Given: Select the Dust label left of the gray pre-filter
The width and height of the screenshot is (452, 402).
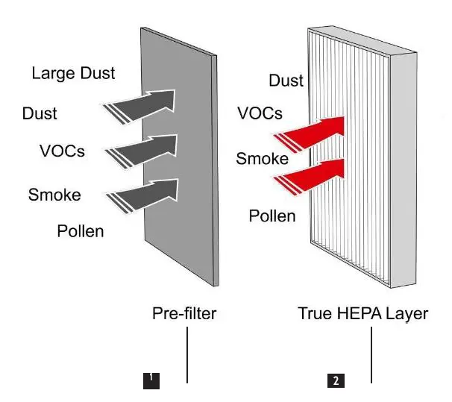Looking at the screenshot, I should click(x=40, y=114).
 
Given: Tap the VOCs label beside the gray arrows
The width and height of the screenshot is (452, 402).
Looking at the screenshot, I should click(x=62, y=151).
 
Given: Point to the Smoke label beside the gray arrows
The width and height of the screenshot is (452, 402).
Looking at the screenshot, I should click(x=54, y=195).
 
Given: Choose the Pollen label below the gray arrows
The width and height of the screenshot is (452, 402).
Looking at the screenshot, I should click(x=81, y=231).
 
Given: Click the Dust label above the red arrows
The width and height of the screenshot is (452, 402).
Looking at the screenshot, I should click(x=286, y=80).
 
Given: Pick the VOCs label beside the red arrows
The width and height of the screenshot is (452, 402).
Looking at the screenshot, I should click(x=260, y=113).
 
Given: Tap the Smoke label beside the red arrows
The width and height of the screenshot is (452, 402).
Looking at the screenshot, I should click(x=262, y=158).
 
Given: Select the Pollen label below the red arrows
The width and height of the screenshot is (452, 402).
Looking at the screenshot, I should click(x=271, y=216).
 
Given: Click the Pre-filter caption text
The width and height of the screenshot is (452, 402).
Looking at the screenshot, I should click(x=184, y=313).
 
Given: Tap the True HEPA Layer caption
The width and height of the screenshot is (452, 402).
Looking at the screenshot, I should click(x=363, y=313).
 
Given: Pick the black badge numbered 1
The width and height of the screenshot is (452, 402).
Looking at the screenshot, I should click(x=151, y=379).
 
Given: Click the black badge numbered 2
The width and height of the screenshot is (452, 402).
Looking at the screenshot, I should click(x=335, y=380).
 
